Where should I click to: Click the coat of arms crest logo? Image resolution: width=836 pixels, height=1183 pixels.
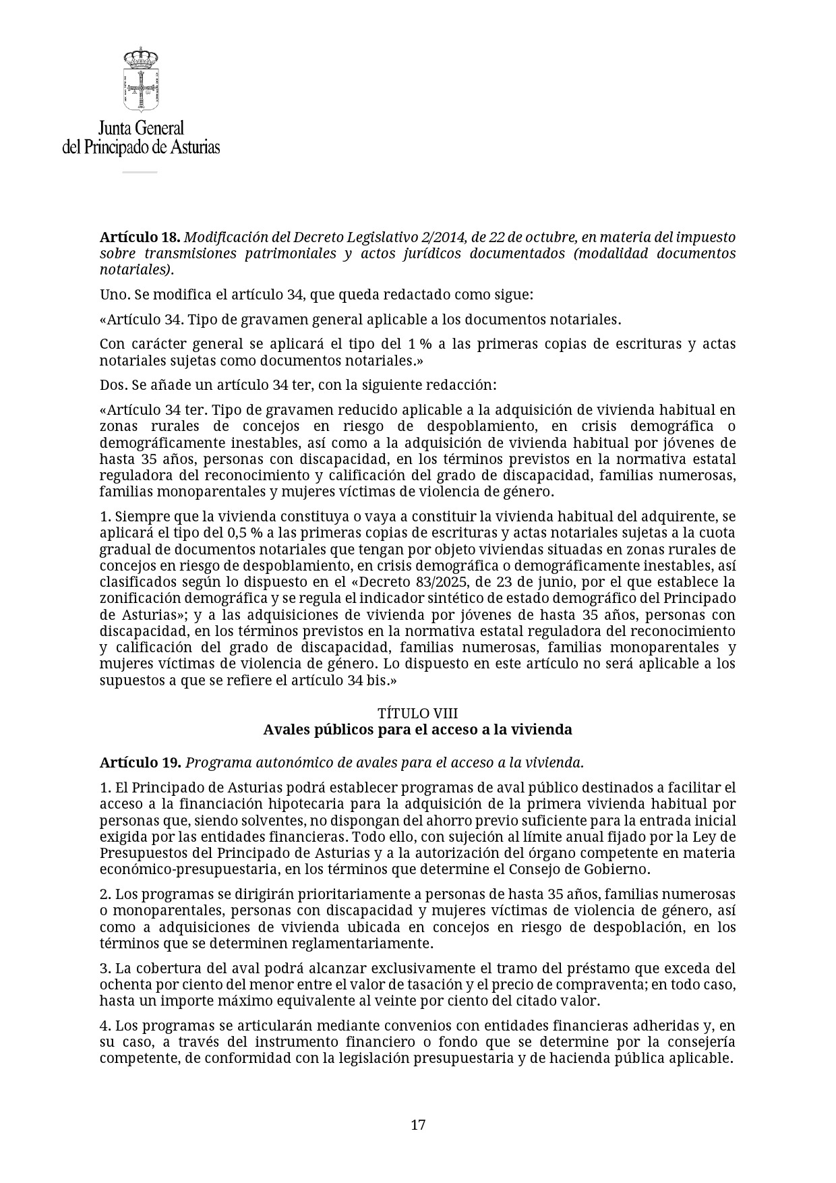pyautogui.click(x=140, y=80)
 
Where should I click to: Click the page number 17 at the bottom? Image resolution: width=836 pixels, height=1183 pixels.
pyautogui.click(x=418, y=1125)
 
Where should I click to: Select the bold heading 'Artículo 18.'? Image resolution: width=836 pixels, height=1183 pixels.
pyautogui.click(x=140, y=237)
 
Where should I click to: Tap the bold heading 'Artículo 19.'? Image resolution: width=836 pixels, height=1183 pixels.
pyautogui.click(x=140, y=763)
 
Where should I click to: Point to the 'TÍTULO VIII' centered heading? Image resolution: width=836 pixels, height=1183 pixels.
pyautogui.click(x=418, y=714)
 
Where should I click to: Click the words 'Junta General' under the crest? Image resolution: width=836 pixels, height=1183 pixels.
pyautogui.click(x=141, y=128)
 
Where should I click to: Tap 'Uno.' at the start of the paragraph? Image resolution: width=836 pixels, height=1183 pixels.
pyautogui.click(x=114, y=295)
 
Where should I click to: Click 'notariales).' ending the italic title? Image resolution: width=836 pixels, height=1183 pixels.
pyautogui.click(x=137, y=270)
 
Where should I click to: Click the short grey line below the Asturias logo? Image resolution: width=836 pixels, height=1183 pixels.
pyautogui.click(x=140, y=172)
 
